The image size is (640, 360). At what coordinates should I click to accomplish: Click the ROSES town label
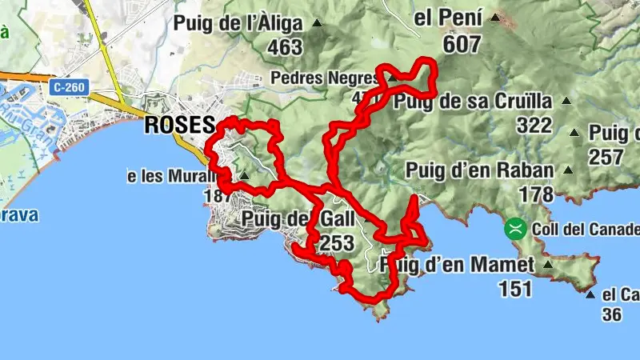tap(180, 126)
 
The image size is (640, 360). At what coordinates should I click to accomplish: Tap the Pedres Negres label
tap(324, 78)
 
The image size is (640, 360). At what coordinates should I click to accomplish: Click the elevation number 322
tap(534, 126)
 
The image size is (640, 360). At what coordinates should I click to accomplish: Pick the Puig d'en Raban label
tap(479, 170)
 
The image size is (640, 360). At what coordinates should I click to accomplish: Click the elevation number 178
tap(535, 194)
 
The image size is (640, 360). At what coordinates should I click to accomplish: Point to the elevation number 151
tap(514, 288)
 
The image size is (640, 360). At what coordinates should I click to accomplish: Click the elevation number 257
tap(606, 156)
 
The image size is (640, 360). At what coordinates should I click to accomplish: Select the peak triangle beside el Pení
tap(500, 17)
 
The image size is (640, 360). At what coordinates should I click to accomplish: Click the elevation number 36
tap(611, 315)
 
